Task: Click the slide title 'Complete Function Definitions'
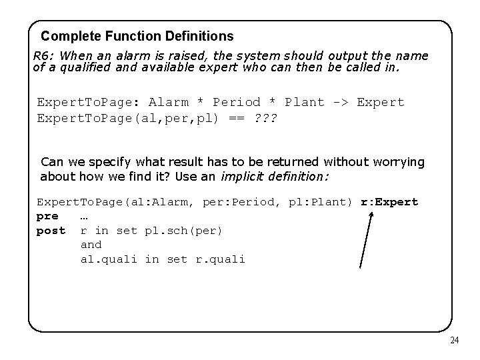tap(137, 35)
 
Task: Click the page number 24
tap(455, 341)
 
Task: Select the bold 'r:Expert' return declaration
tap(389, 202)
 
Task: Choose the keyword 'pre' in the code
tap(47, 217)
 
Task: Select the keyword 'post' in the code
tap(51, 231)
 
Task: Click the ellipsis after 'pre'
tap(85, 217)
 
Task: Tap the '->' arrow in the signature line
tap(338, 102)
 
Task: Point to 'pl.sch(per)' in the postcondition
tap(183, 231)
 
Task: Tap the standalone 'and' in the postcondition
tap(91, 245)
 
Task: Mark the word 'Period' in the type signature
tap(237, 102)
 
